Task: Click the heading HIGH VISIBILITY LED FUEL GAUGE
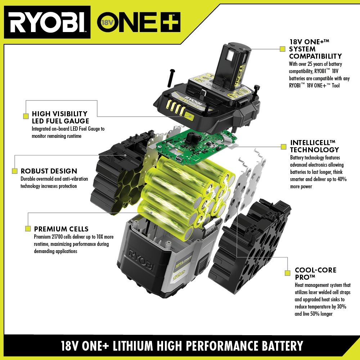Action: (x=60, y=117)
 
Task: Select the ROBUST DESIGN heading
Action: (x=49, y=171)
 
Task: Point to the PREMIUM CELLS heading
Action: (x=61, y=229)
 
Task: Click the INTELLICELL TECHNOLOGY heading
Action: (x=314, y=146)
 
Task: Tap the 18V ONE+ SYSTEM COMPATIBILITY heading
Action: (x=315, y=49)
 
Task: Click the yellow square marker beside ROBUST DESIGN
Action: (x=15, y=171)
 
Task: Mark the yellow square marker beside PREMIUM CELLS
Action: (x=28, y=229)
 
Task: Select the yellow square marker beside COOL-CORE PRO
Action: (x=287, y=273)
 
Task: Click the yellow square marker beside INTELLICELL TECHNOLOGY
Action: (x=283, y=147)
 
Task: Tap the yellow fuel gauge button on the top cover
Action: (x=189, y=116)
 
